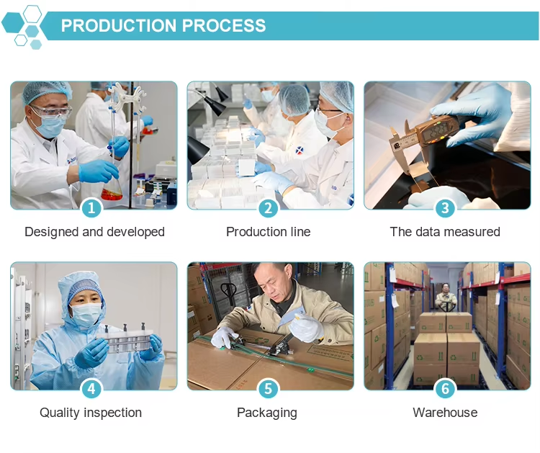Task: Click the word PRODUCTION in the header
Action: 119,25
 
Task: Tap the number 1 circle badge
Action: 91,208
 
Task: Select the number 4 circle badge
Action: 91,389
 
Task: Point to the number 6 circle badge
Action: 445,389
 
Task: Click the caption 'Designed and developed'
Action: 94,232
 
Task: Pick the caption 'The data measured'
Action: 445,232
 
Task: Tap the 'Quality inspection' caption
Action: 91,413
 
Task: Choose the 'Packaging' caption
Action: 267,413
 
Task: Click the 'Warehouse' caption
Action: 445,413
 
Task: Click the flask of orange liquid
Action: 112,191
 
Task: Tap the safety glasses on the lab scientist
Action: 52,111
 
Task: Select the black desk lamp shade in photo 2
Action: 215,104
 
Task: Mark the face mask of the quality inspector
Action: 86,313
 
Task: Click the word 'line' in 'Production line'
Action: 300,232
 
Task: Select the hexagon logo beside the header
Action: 24,27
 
